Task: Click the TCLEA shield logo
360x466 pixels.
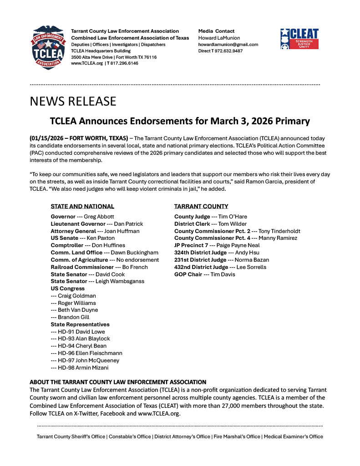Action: pos(46,47)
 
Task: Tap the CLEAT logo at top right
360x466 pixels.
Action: pos(299,39)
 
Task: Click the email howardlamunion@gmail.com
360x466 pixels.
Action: pos(228,45)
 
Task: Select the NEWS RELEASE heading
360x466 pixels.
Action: pos(73,101)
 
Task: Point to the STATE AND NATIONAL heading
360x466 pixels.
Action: pos(82,206)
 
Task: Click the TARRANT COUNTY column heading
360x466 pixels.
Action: pos(201,206)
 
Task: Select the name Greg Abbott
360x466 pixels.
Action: pos(99,217)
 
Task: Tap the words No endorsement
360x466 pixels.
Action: pos(138,260)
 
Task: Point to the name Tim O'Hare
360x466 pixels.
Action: pos(233,217)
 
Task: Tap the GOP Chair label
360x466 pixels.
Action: pos(188,274)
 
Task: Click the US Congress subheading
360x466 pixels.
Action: pos(67,289)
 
